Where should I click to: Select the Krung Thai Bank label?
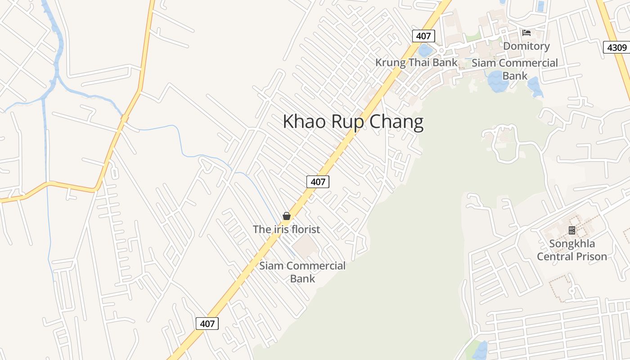(x=416, y=63)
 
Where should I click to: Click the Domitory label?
(x=526, y=46)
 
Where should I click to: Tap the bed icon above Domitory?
(x=526, y=33)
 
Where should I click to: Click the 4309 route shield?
(x=616, y=47)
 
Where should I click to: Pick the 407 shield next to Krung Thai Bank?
(x=423, y=36)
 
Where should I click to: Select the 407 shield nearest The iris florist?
(x=318, y=182)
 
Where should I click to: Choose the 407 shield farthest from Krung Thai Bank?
(x=207, y=323)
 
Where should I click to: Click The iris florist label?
(x=287, y=229)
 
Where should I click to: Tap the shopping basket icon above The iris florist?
(x=287, y=216)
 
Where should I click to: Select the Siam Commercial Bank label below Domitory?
(x=515, y=69)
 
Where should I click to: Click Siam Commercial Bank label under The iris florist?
(x=302, y=272)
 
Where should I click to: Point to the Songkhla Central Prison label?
(x=572, y=250)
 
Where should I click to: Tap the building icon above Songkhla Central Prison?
(x=572, y=230)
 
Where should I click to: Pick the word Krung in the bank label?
(x=390, y=63)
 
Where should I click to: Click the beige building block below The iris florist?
(x=306, y=246)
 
